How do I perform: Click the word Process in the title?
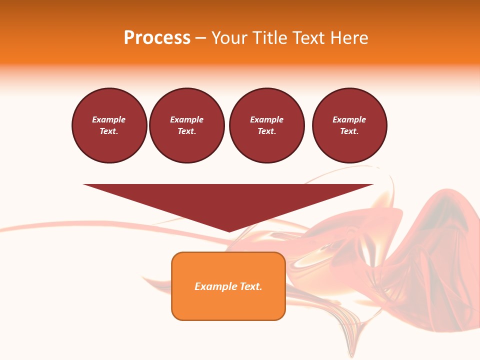click(157, 38)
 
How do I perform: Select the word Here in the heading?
click(347, 38)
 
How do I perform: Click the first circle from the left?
click(109, 125)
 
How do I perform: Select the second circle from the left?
click(187, 125)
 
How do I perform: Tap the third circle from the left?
click(267, 125)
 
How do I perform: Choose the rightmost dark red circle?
click(349, 125)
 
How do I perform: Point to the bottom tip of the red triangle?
click(229, 231)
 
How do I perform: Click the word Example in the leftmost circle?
click(109, 119)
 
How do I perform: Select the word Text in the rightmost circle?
click(349, 131)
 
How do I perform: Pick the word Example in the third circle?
click(267, 119)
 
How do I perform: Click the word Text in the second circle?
click(186, 131)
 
